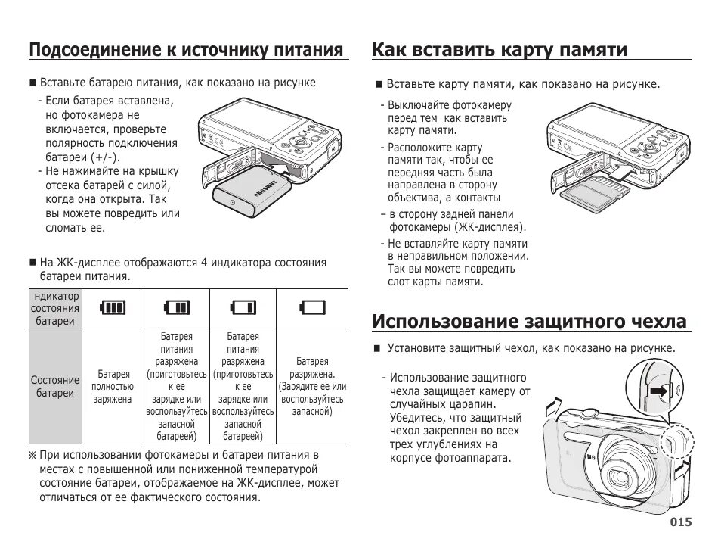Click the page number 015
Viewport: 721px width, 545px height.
click(x=680, y=522)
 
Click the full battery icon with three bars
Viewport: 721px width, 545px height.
click(x=113, y=307)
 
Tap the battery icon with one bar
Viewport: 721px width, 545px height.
click(x=244, y=307)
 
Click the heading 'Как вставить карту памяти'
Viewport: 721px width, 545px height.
click(x=500, y=50)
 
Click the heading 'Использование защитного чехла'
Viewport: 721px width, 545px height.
click(x=530, y=321)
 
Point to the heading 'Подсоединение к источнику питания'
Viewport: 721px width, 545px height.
click(x=187, y=50)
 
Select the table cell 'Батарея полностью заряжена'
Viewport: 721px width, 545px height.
click(x=113, y=387)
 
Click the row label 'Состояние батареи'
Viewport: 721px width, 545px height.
click(x=54, y=387)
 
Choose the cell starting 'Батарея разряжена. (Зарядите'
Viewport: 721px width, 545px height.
click(x=311, y=387)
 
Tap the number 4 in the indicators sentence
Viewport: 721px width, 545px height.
click(x=203, y=263)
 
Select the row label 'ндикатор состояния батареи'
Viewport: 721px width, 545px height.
click(x=54, y=308)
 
